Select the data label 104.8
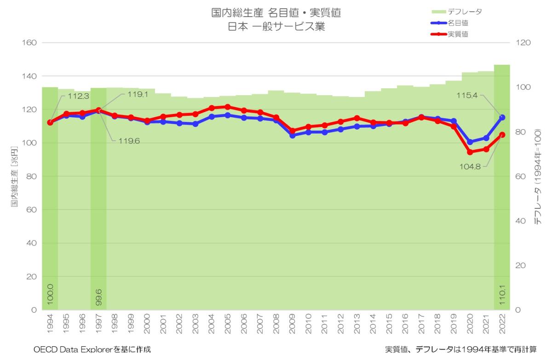coord(470,167)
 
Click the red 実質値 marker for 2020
coord(470,152)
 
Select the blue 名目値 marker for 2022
coord(502,117)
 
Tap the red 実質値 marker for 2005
coord(228,107)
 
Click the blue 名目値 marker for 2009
coord(292,135)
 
